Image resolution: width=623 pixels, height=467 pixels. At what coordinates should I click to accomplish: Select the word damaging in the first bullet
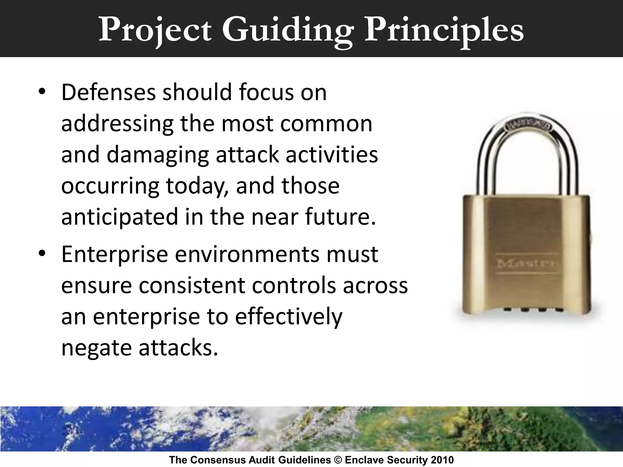point(158,155)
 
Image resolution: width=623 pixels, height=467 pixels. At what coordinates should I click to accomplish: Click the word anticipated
point(120,217)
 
